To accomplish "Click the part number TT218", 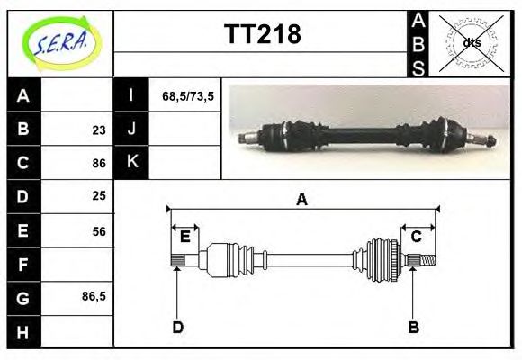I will [262, 35].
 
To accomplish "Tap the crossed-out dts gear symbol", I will [471, 42].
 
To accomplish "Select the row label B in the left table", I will [24, 129].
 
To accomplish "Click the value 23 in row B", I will [99, 130].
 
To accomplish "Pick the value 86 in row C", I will [99, 164].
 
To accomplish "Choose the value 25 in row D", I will [99, 195].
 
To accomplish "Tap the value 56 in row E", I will [99, 231].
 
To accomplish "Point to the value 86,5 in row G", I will [94, 295].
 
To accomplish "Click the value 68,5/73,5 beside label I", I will [187, 96].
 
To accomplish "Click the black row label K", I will [131, 162].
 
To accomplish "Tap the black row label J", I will [131, 129].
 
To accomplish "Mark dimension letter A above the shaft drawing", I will [302, 200].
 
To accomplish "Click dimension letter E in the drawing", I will [184, 237].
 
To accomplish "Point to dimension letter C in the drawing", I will [417, 237].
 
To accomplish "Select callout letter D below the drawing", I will [178, 326].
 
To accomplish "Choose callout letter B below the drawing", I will [414, 326].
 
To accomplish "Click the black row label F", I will [24, 265].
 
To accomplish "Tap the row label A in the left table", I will [24, 96].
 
